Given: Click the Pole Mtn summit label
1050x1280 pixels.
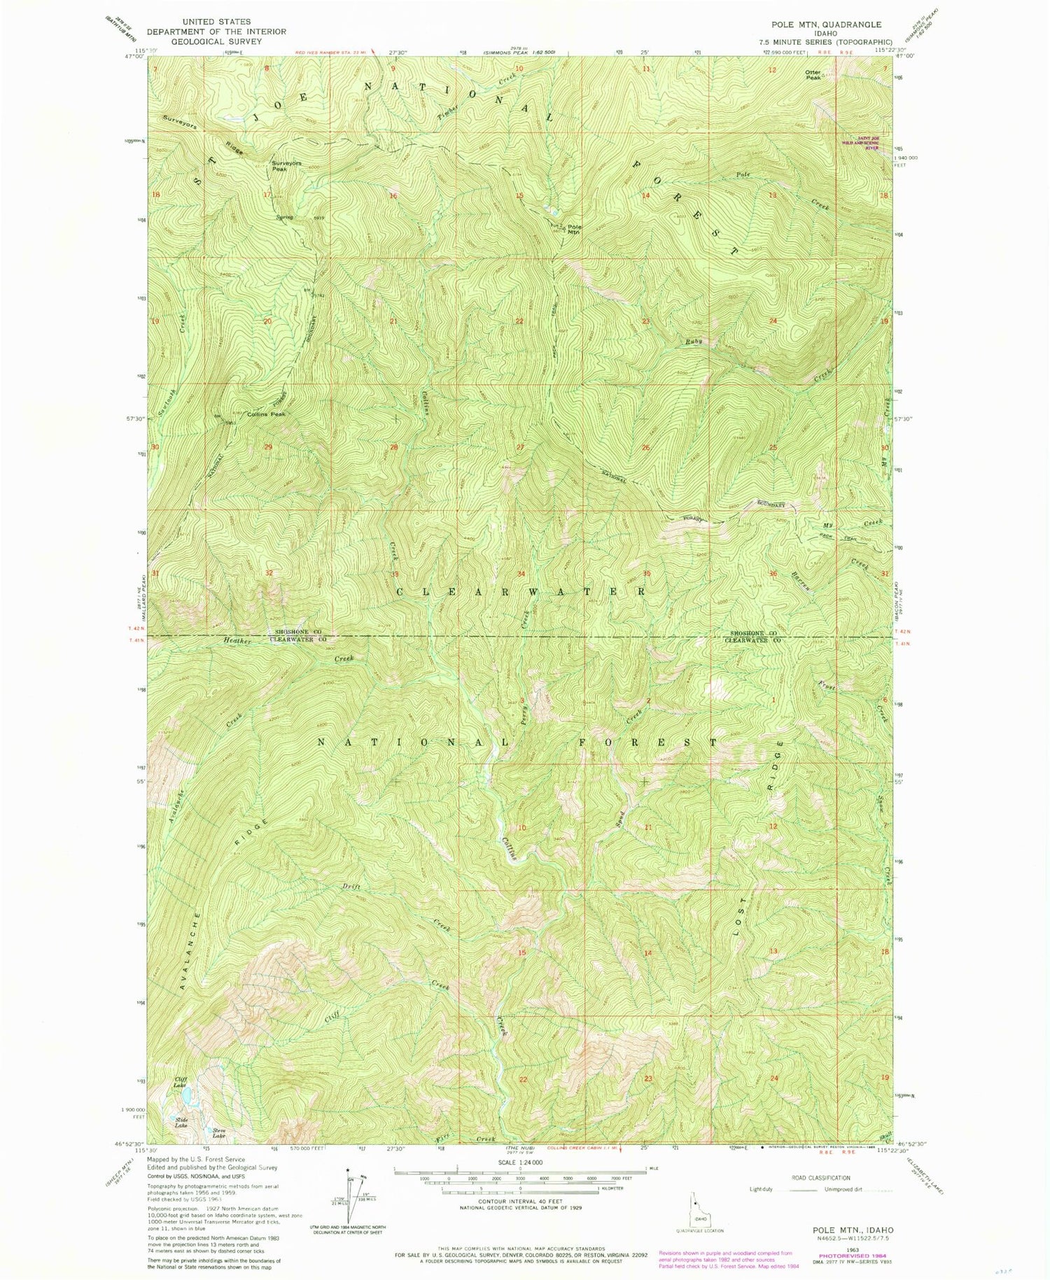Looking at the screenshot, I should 574,228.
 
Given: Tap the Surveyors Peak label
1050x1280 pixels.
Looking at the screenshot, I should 286,166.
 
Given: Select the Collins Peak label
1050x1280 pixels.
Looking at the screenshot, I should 265,414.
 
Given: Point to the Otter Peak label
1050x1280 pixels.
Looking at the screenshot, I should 813,75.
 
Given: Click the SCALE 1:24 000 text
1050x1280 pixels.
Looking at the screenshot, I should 519,1162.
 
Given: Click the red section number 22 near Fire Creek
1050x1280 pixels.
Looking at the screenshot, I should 522,1079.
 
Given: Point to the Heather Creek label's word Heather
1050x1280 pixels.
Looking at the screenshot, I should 237,641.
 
